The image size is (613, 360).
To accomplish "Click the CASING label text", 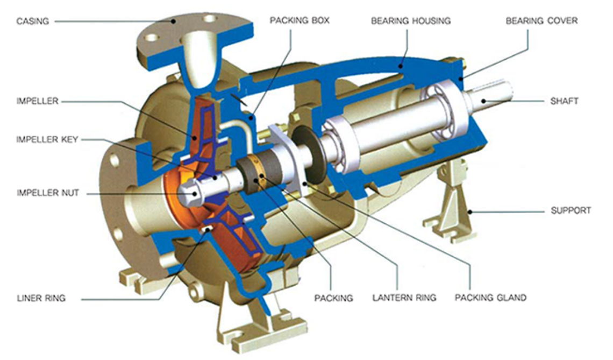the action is click(x=33, y=21).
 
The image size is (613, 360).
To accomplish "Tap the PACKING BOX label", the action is click(x=300, y=20).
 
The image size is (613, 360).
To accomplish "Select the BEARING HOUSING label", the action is click(x=411, y=21).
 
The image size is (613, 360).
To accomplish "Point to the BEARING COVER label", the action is click(x=541, y=20).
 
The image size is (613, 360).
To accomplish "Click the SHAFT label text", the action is click(x=564, y=101).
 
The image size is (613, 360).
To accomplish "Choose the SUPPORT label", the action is click(x=571, y=210).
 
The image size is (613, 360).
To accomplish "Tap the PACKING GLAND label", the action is click(x=490, y=298).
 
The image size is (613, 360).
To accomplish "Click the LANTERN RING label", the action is click(x=404, y=298).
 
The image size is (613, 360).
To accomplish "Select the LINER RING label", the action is click(x=41, y=298).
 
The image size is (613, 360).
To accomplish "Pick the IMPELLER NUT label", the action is click(x=48, y=193).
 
